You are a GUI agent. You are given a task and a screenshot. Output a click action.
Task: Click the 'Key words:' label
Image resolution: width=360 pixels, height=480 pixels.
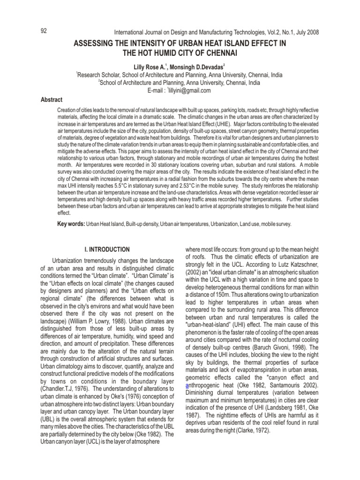[71, 225]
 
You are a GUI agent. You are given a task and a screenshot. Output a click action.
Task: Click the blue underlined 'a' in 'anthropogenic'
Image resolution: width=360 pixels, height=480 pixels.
[188, 384]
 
